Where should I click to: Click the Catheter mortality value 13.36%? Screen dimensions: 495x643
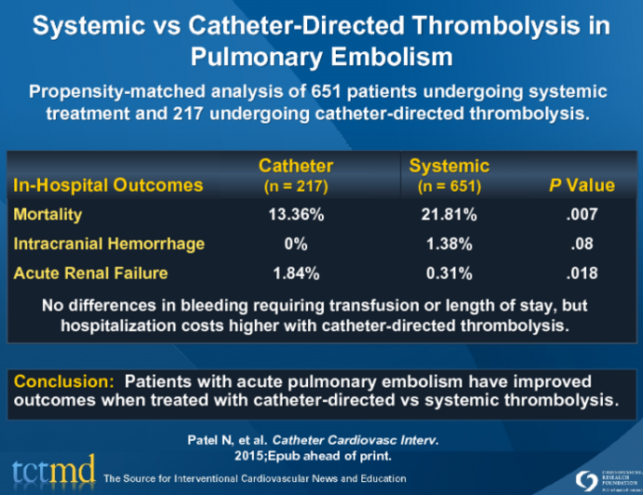coord(296,215)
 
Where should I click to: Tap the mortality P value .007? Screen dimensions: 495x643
coord(583,215)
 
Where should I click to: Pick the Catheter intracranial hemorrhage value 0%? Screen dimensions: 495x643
coord(296,244)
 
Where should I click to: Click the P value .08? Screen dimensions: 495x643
coord(583,244)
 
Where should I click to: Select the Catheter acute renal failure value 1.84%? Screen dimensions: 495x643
coord(296,274)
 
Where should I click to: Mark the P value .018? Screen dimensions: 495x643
coord(583,274)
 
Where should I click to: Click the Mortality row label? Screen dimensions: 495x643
coord(47,215)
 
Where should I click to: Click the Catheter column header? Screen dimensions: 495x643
coord(295,167)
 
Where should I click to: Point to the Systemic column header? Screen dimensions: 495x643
coord(449,167)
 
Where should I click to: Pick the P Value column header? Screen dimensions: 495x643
coord(582,185)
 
